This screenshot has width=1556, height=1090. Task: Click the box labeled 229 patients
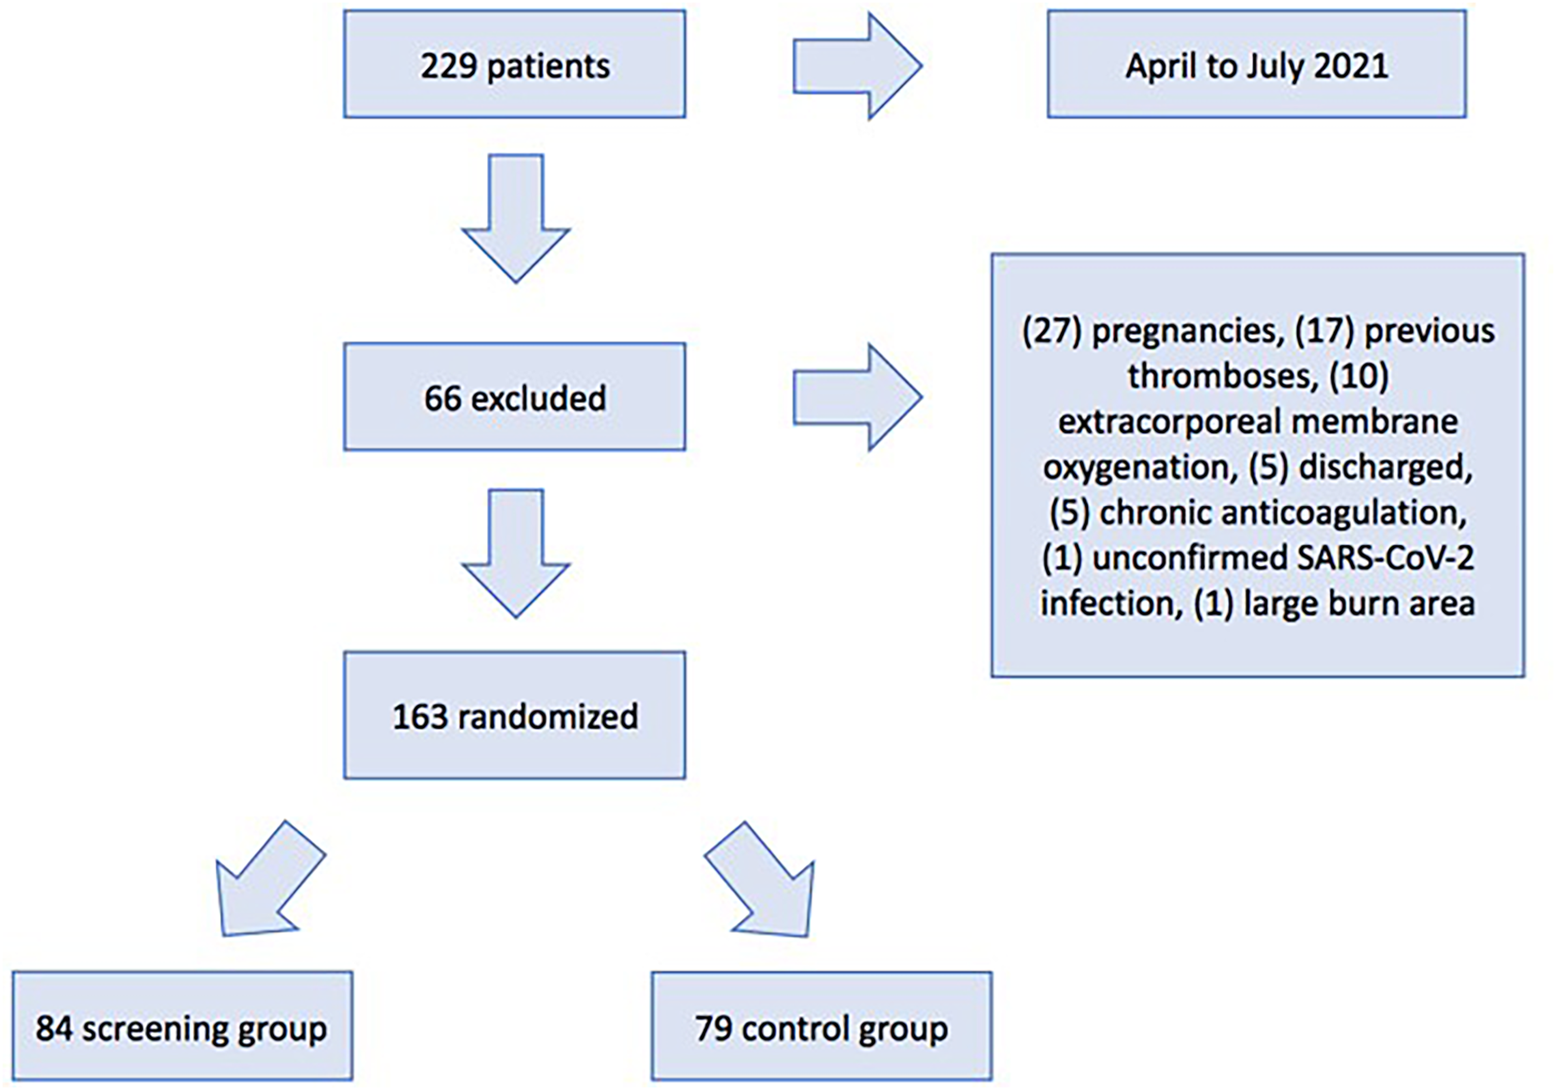[515, 64]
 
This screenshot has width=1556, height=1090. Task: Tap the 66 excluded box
[515, 397]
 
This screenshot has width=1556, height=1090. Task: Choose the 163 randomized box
[515, 715]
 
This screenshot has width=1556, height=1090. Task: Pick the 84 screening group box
[182, 1026]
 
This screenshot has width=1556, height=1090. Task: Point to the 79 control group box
[822, 1026]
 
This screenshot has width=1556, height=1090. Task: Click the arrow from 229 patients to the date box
[857, 66]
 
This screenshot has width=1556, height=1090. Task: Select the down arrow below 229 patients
[516, 218]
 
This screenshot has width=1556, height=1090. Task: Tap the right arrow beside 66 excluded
[857, 397]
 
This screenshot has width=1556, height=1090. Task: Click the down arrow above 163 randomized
[516, 553]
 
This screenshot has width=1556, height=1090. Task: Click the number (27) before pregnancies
[1052, 331]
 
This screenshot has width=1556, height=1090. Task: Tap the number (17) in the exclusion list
[1325, 331]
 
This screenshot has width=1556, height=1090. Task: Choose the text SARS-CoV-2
[1385, 558]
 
